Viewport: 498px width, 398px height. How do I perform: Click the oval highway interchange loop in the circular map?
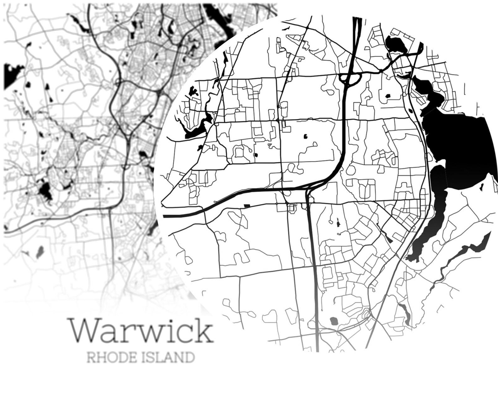pos(351,78)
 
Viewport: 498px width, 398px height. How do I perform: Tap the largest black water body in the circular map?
pos(461,147)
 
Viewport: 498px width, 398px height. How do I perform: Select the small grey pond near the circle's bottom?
pos(333,321)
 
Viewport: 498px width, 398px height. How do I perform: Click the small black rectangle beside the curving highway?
pos(247,206)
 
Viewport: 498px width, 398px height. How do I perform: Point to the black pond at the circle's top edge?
pos(396,44)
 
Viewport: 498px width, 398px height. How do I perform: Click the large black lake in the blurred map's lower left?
pos(45,190)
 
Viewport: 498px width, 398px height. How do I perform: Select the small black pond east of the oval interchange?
pos(387,96)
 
